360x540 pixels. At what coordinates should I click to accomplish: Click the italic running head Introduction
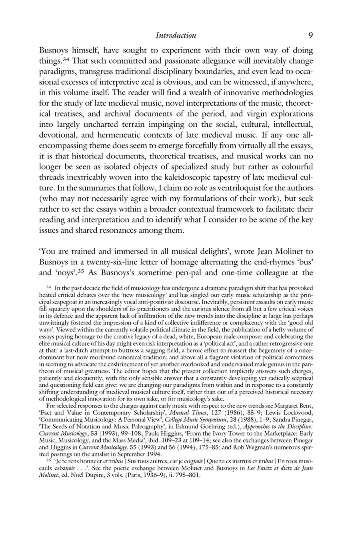tap(175, 36)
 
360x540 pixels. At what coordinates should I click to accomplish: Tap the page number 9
tap(311, 35)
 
